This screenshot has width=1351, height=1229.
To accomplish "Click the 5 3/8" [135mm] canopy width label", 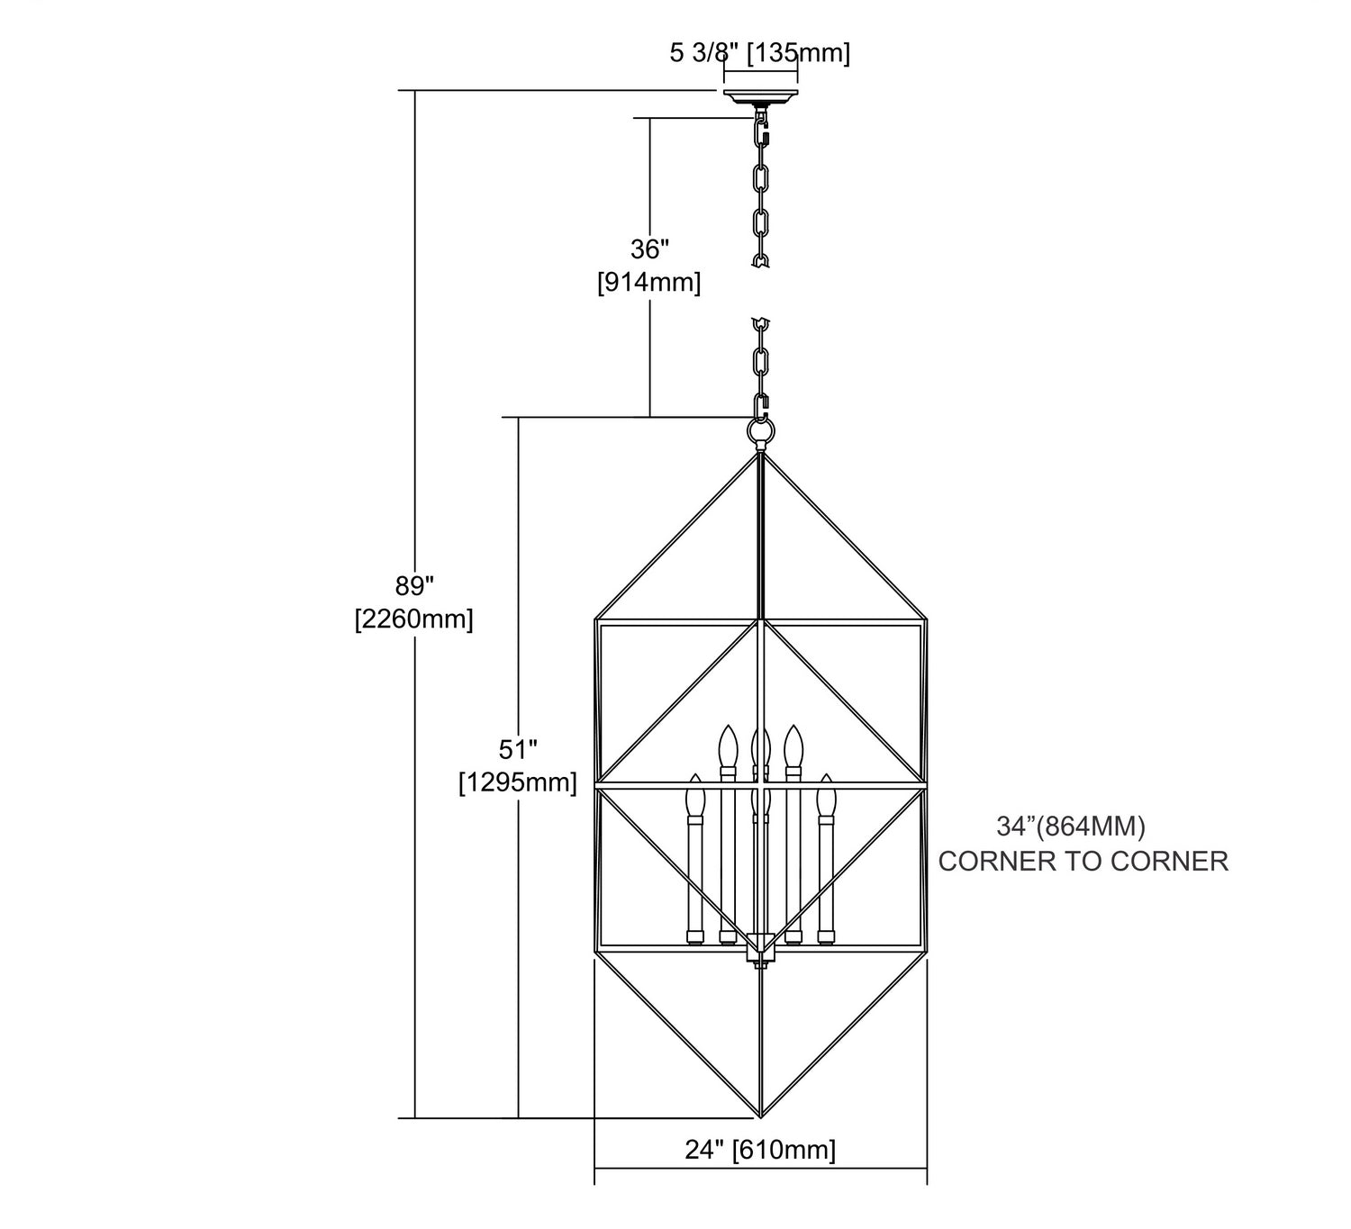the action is (x=759, y=52).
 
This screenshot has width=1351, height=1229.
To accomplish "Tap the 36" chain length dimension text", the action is (x=649, y=249).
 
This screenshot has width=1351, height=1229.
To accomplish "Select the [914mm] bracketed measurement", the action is (x=649, y=282).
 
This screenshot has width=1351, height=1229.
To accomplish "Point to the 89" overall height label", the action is (x=414, y=586).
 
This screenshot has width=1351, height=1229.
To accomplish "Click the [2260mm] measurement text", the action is (x=414, y=619).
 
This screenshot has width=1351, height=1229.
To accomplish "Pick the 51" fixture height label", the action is (x=518, y=749).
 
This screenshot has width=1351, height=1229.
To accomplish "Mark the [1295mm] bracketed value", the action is (x=518, y=782).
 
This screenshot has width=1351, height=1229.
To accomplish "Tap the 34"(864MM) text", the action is (x=1071, y=827).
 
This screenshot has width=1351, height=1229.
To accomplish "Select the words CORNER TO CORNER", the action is (x=1084, y=862).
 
